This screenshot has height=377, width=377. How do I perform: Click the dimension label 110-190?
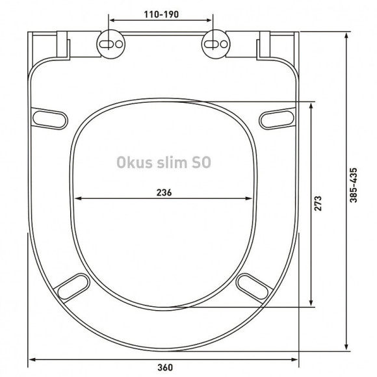coord(161,14)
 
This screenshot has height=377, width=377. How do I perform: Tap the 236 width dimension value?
coord(164,192)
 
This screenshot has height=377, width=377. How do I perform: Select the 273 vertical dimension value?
coord(318,203)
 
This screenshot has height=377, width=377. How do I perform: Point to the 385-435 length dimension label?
coord(354,185)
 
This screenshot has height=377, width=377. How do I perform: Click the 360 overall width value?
coord(165,368)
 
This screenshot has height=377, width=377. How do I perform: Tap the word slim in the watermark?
coord(172,162)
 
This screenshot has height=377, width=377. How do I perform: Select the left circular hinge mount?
coord(111,44)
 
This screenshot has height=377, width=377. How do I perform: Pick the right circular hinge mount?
coord(216,44)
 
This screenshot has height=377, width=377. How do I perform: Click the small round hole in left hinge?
coord(119,44)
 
